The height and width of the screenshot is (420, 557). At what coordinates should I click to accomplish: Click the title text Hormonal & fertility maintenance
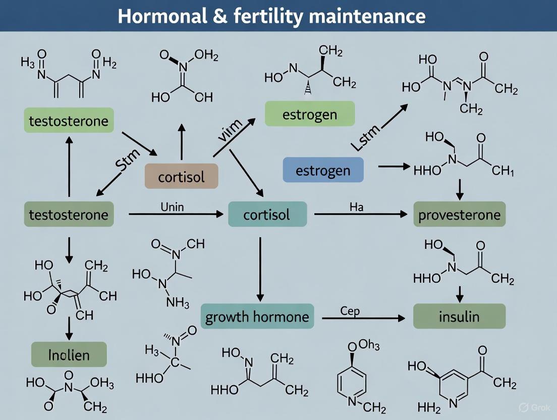tap(271, 17)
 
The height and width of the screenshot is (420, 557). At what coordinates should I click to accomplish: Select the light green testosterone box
tap(69, 121)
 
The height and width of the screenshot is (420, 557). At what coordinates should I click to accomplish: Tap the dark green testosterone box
tap(69, 215)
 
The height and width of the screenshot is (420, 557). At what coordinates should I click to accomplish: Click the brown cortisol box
tap(181, 177)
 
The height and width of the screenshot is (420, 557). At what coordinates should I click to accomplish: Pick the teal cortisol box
tap(267, 215)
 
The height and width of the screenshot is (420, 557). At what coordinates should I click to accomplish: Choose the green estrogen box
tap(310, 114)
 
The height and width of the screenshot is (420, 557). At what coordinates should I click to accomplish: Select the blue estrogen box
tap(323, 170)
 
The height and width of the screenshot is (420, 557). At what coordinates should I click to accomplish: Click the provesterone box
tap(459, 215)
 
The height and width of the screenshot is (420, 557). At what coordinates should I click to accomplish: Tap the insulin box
tap(459, 317)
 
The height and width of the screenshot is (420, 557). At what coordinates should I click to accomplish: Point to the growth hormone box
tap(257, 317)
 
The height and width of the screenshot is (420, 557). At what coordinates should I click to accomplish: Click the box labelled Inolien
tap(69, 354)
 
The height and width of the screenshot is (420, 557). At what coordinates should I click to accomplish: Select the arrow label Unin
tap(172, 206)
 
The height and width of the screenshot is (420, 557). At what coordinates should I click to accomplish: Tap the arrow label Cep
tap(350, 310)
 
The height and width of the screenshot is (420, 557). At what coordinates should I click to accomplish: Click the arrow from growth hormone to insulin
tap(363, 318)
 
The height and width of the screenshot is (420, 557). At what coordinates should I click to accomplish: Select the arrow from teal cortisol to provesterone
tap(360, 215)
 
